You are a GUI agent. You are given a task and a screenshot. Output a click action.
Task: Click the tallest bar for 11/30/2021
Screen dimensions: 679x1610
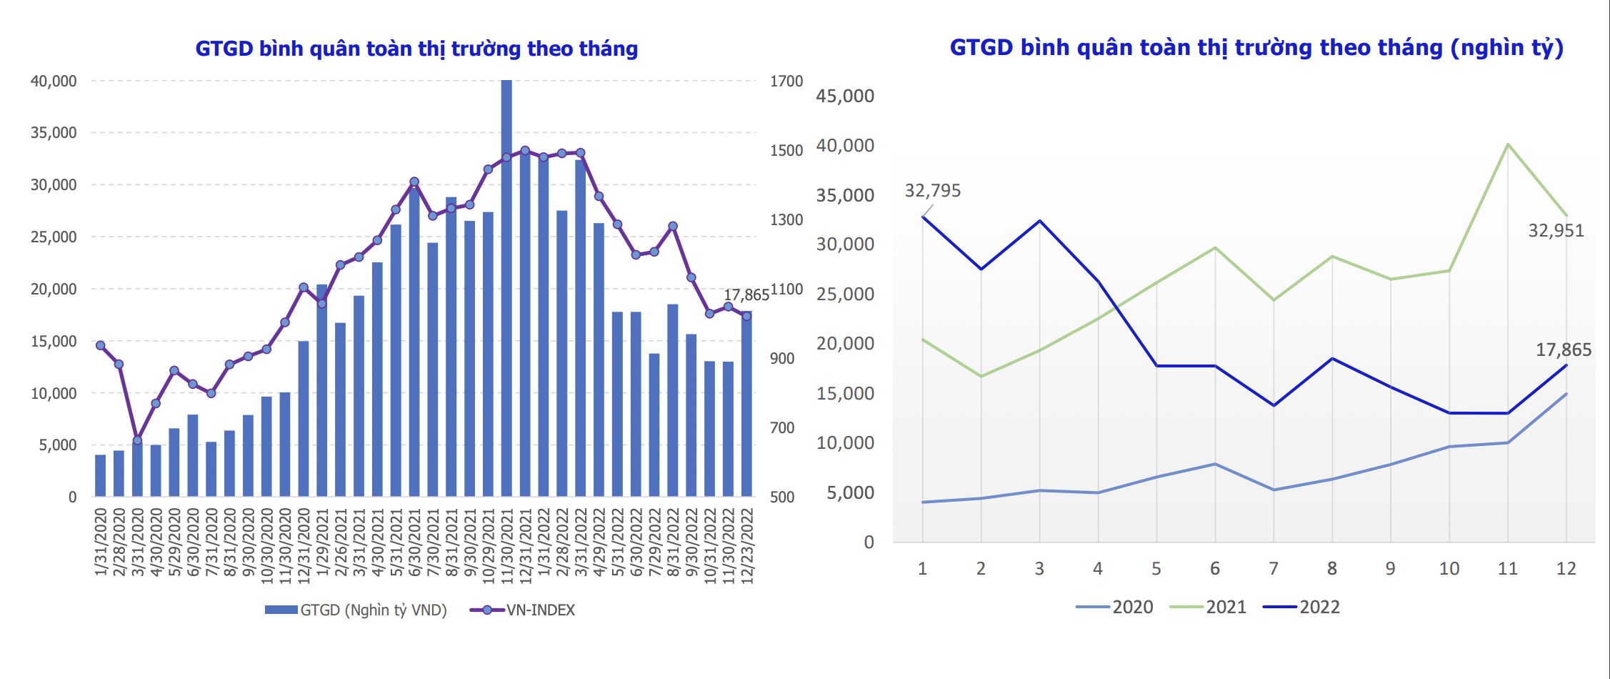coord(506,286)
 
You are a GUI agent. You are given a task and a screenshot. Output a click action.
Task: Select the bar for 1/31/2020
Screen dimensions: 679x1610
coord(101,475)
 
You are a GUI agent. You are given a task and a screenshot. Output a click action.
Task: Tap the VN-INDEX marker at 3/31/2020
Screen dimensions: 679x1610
coord(138,440)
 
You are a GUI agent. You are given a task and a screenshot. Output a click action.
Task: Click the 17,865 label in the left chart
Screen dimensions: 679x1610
coord(746,295)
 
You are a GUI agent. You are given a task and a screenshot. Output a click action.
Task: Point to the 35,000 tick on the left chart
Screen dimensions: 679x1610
coord(54,133)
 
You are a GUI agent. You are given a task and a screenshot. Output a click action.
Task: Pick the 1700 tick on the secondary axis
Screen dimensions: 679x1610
coord(786,81)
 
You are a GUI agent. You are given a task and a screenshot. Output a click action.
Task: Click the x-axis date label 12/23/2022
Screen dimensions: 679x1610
coord(748,546)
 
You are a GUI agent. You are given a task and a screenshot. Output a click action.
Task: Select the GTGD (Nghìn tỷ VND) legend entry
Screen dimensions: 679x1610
coord(356,610)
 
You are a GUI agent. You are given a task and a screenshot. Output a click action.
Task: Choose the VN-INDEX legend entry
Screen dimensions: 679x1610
coord(523,610)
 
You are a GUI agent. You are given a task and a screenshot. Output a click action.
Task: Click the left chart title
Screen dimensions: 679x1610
coord(416,49)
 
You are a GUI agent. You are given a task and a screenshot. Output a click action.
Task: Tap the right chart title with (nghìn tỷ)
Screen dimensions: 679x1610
coord(1256,48)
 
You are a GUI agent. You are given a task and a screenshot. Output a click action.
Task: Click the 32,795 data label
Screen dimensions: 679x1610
coord(932,191)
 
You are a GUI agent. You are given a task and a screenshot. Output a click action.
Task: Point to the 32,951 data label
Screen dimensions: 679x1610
coord(1556,231)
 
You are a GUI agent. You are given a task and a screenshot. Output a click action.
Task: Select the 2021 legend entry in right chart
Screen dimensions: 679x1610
coord(1209,607)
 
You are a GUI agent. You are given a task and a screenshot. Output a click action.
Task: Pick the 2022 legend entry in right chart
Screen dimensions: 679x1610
coord(1302,607)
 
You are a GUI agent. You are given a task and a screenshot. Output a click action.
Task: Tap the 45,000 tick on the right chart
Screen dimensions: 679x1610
coord(845,96)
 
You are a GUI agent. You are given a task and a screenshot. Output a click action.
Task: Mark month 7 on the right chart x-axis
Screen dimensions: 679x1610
coord(1274,569)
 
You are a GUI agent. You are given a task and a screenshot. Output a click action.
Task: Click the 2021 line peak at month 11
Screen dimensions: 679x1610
coord(1507,145)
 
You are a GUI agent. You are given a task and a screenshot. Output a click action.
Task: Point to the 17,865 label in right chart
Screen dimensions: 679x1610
coord(1564,350)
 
